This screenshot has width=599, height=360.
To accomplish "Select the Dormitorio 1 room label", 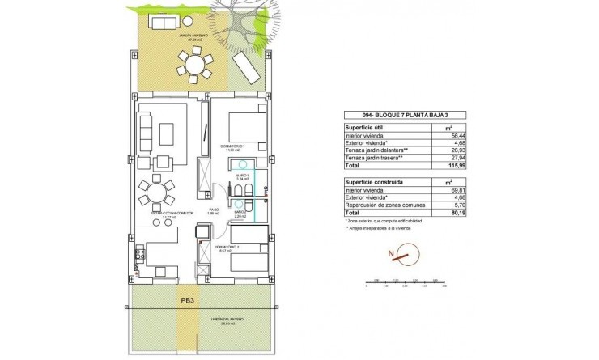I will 232,146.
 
